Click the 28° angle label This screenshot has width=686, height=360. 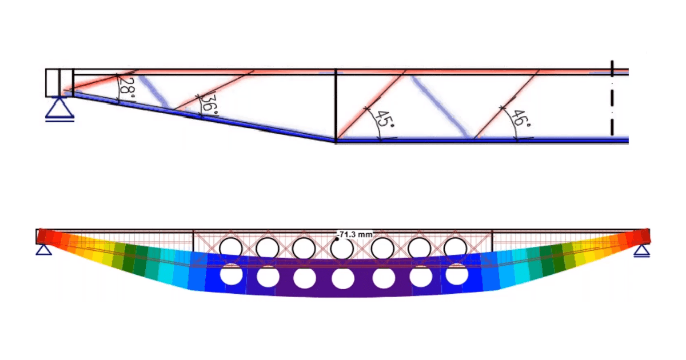[x=127, y=87]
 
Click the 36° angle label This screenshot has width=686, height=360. [x=210, y=106]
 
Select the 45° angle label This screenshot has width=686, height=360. [x=384, y=119]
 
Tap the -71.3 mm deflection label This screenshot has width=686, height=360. [x=354, y=235]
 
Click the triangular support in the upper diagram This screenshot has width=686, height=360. [x=59, y=109]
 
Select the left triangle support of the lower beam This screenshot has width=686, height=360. [x=44, y=250]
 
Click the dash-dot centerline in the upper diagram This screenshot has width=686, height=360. [x=612, y=98]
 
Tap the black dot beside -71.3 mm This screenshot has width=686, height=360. [x=337, y=239]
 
